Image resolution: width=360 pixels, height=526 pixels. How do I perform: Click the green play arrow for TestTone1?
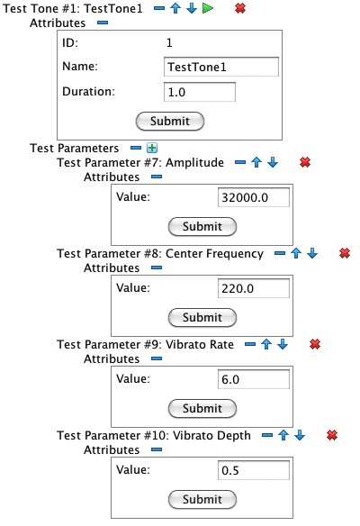[208, 8]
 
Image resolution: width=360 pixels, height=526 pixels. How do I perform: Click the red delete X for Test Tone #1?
[240, 8]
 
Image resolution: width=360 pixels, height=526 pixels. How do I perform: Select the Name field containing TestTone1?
[221, 67]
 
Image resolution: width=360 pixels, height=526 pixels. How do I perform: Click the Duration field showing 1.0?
[200, 92]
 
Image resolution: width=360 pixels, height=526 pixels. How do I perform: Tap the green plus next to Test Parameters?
[152, 148]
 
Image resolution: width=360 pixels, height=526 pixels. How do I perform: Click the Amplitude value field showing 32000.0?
[254, 197]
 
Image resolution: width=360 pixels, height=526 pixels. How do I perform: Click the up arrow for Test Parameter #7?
[256, 162]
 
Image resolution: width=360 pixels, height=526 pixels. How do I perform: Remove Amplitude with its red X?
[305, 162]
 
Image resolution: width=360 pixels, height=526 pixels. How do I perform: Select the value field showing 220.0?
[254, 288]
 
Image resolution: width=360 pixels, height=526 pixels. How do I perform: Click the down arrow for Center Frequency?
[312, 253]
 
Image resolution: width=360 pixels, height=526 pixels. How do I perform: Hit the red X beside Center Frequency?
[345, 253]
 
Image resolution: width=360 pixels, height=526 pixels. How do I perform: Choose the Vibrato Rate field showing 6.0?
[254, 379]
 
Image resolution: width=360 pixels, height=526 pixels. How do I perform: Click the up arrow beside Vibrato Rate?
[266, 344]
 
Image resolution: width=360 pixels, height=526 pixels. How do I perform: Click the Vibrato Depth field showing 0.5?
[254, 470]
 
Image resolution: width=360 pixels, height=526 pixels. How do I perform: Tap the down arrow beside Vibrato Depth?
[300, 435]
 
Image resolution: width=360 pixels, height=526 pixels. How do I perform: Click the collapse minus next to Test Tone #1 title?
[159, 8]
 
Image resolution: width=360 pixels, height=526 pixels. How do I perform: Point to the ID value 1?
[169, 42]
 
